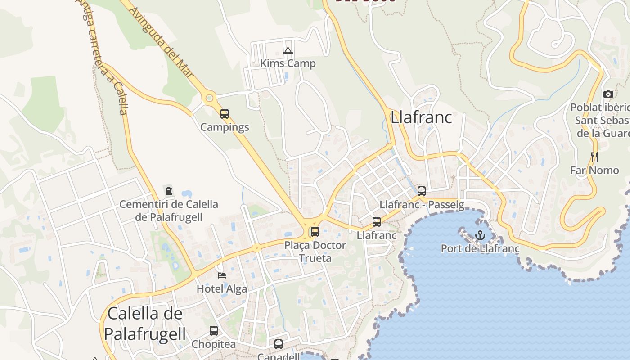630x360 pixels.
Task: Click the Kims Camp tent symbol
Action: coord(288,51)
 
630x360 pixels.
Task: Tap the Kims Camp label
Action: coord(288,63)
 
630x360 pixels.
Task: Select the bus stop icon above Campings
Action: coord(225,114)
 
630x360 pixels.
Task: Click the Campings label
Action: coord(225,127)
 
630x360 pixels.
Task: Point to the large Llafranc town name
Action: coord(421,117)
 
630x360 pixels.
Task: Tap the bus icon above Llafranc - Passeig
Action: coord(422,191)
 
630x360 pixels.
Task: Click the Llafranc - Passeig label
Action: coord(422,205)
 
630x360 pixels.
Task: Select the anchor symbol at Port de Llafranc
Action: coord(480,235)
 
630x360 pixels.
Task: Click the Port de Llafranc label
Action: coord(480,248)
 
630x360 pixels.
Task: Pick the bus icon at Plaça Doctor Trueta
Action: coord(315,232)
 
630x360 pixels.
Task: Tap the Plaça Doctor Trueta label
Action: coord(315,252)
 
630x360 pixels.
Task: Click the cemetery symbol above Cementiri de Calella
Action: coord(169,191)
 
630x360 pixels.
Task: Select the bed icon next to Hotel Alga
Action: coord(222,275)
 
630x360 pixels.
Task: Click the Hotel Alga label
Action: coord(222,289)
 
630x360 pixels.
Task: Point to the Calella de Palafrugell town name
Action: coord(145,324)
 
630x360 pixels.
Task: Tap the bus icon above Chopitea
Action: coord(214,331)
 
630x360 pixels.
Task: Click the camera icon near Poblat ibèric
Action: coord(608,94)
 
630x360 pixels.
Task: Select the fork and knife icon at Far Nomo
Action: coord(595,157)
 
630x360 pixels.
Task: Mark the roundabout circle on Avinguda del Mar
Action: coord(209,98)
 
